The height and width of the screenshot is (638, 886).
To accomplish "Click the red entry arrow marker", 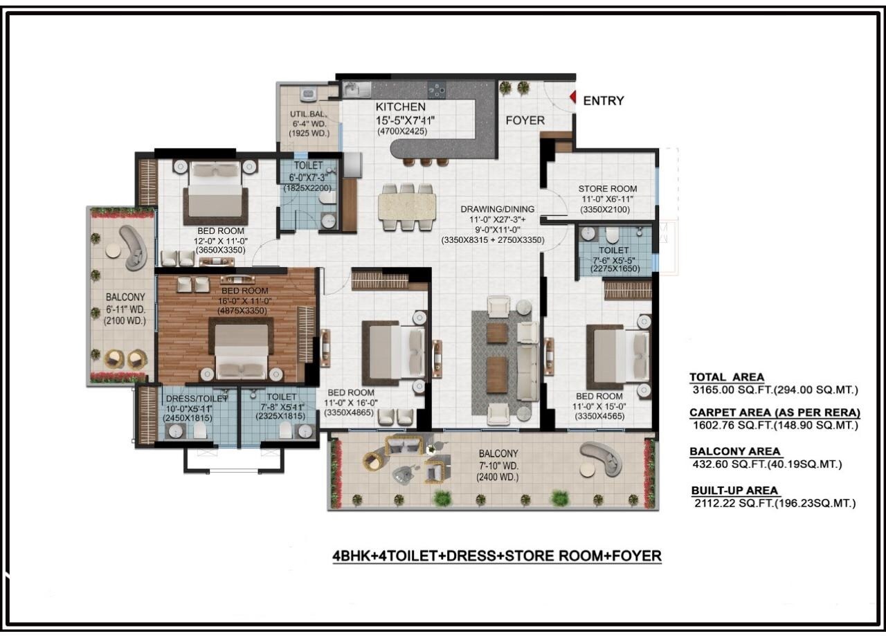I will click(572, 99).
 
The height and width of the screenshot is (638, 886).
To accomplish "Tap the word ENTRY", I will click(603, 101).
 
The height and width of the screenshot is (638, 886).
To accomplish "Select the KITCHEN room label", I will click(400, 107).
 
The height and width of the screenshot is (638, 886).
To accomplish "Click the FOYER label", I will click(525, 120).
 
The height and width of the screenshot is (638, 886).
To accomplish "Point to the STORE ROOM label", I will click(607, 189).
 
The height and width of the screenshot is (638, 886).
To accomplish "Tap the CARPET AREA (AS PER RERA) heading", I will click(775, 413).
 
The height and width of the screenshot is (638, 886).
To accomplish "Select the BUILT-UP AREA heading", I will click(735, 491).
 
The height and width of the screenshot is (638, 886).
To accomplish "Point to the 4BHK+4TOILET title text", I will click(497, 555).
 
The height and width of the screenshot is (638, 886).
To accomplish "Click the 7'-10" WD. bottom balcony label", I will click(498, 466).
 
